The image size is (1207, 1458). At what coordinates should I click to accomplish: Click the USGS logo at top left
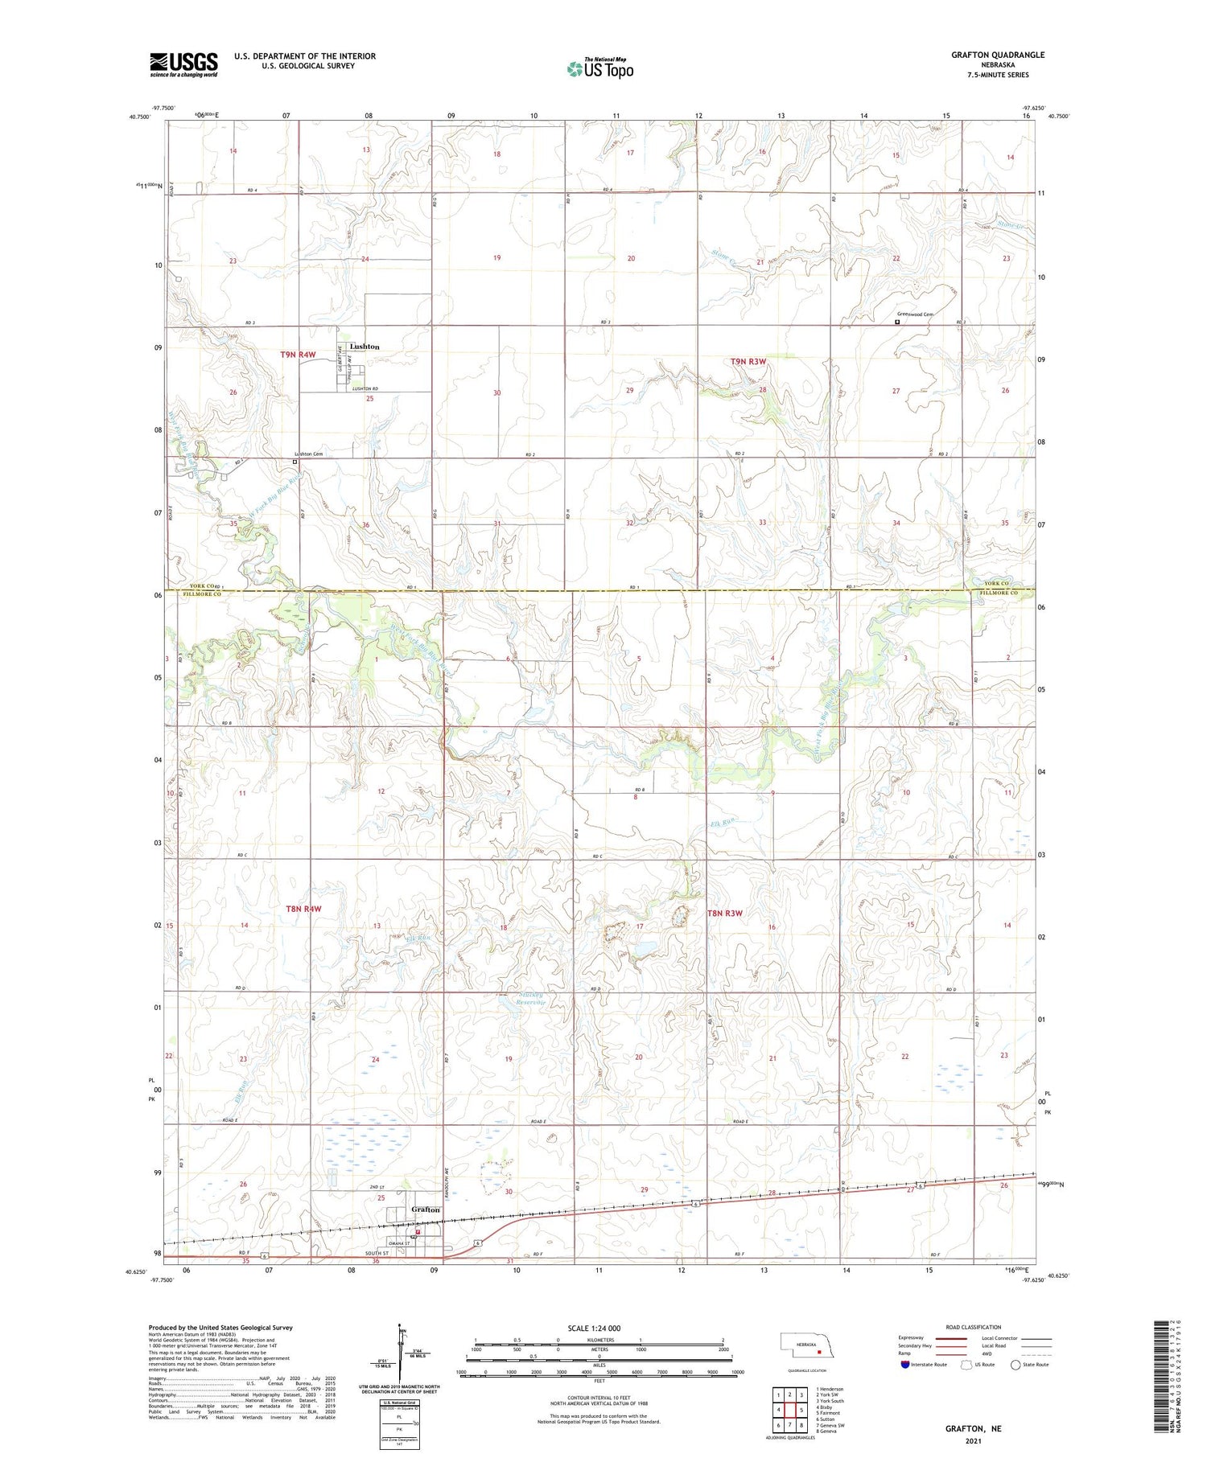pyautogui.click(x=183, y=64)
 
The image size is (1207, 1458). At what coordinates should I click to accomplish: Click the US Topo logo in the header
pyautogui.click(x=600, y=68)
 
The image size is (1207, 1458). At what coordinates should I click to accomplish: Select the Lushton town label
pyautogui.click(x=365, y=347)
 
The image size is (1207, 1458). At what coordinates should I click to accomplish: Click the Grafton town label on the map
pyautogui.click(x=426, y=1210)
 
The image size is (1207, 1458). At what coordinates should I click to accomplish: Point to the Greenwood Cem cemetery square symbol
pyautogui.click(x=897, y=322)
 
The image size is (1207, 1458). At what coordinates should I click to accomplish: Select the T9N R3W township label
pyautogui.click(x=748, y=362)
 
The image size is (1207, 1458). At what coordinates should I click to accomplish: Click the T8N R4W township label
pyautogui.click(x=303, y=909)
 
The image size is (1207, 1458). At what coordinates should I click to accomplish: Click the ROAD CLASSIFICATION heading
pyautogui.click(x=974, y=1327)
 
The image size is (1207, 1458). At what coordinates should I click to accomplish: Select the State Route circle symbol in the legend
pyautogui.click(x=1015, y=1364)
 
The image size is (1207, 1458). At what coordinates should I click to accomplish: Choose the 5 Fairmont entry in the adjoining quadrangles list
pyautogui.click(x=828, y=1412)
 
